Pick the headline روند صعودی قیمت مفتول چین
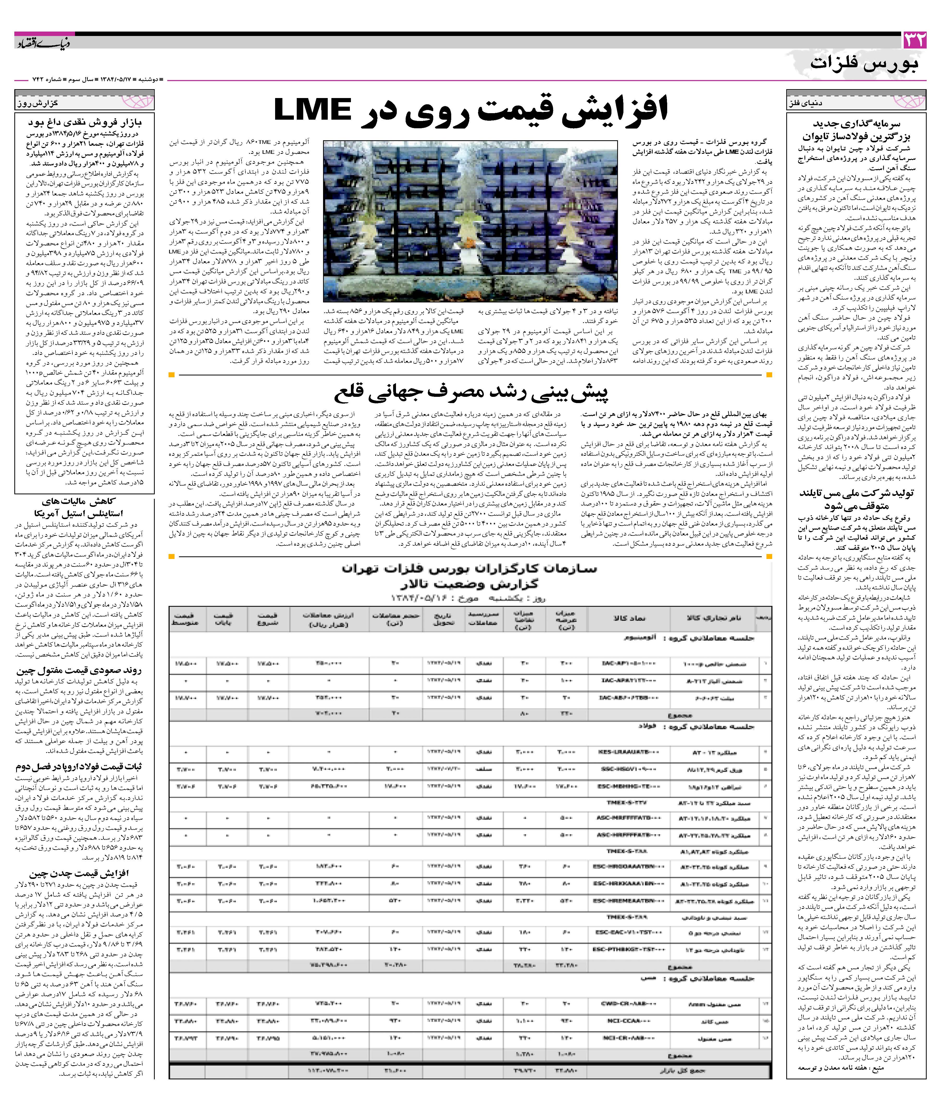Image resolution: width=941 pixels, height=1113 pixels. pyautogui.click(x=79, y=671)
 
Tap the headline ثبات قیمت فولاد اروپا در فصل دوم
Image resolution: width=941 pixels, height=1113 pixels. pyautogui.click(x=79, y=767)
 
